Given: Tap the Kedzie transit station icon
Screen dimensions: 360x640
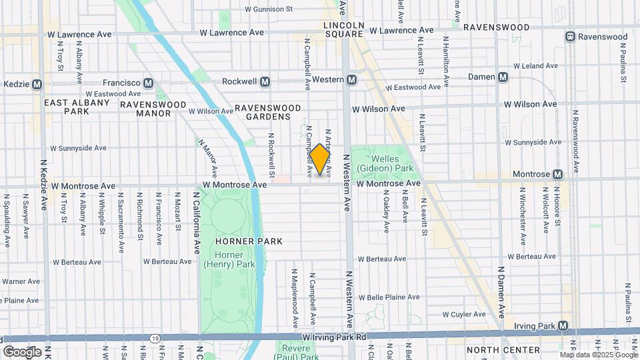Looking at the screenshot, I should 37,85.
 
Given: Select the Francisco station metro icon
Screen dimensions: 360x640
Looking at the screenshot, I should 148,83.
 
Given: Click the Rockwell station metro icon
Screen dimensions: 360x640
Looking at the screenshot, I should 265,81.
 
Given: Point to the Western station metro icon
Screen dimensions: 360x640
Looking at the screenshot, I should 352,80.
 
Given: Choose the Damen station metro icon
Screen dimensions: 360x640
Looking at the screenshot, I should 503,77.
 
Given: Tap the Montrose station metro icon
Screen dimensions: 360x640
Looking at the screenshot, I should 557,174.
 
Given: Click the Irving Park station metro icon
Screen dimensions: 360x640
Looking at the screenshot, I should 563,326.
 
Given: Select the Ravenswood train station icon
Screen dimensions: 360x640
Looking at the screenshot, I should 570,37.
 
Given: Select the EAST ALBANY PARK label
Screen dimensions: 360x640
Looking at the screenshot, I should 77,107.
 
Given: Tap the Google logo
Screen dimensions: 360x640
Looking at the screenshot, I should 23,351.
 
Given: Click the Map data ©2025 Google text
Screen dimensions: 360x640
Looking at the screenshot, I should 598,355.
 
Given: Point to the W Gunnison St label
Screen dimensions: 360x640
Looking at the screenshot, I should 269,9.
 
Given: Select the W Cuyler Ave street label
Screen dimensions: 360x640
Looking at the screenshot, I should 465,314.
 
